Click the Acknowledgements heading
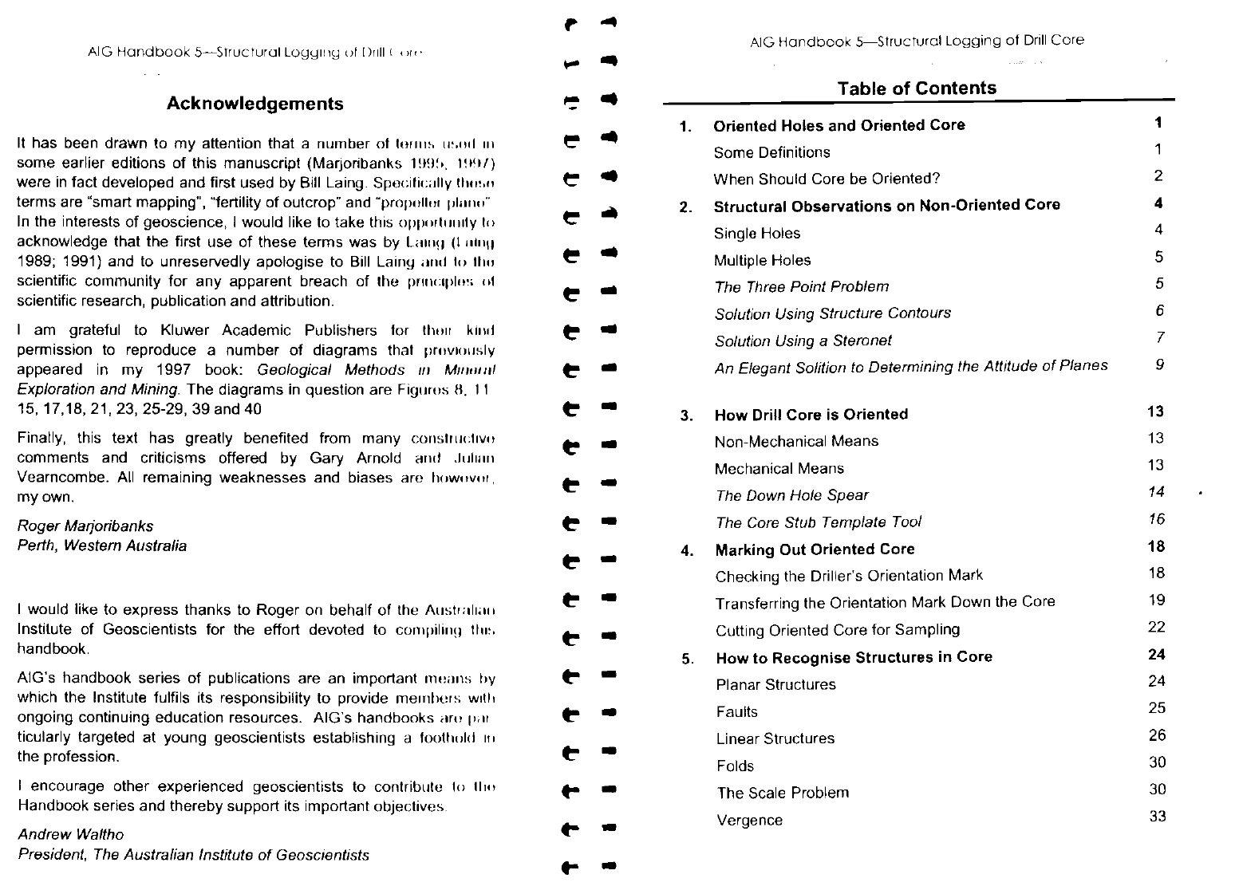tap(255, 104)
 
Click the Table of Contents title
tap(917, 89)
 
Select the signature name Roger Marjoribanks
tap(85, 526)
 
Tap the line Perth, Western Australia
tap(102, 546)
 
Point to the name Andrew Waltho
tap(71, 835)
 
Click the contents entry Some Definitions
tap(771, 152)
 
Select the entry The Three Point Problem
tap(801, 286)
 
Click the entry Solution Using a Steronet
tap(803, 341)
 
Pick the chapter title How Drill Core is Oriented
tap(811, 415)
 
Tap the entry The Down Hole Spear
tap(791, 495)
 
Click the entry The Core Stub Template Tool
tap(818, 522)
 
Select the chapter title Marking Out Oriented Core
tap(815, 549)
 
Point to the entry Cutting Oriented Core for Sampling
tap(837, 630)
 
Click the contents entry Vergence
tap(749, 821)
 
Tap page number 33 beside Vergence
tap(1157, 816)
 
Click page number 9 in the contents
tap(1159, 364)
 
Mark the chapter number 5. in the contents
tap(687, 659)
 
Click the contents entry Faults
tap(736, 712)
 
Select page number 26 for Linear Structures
tap(1157, 735)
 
